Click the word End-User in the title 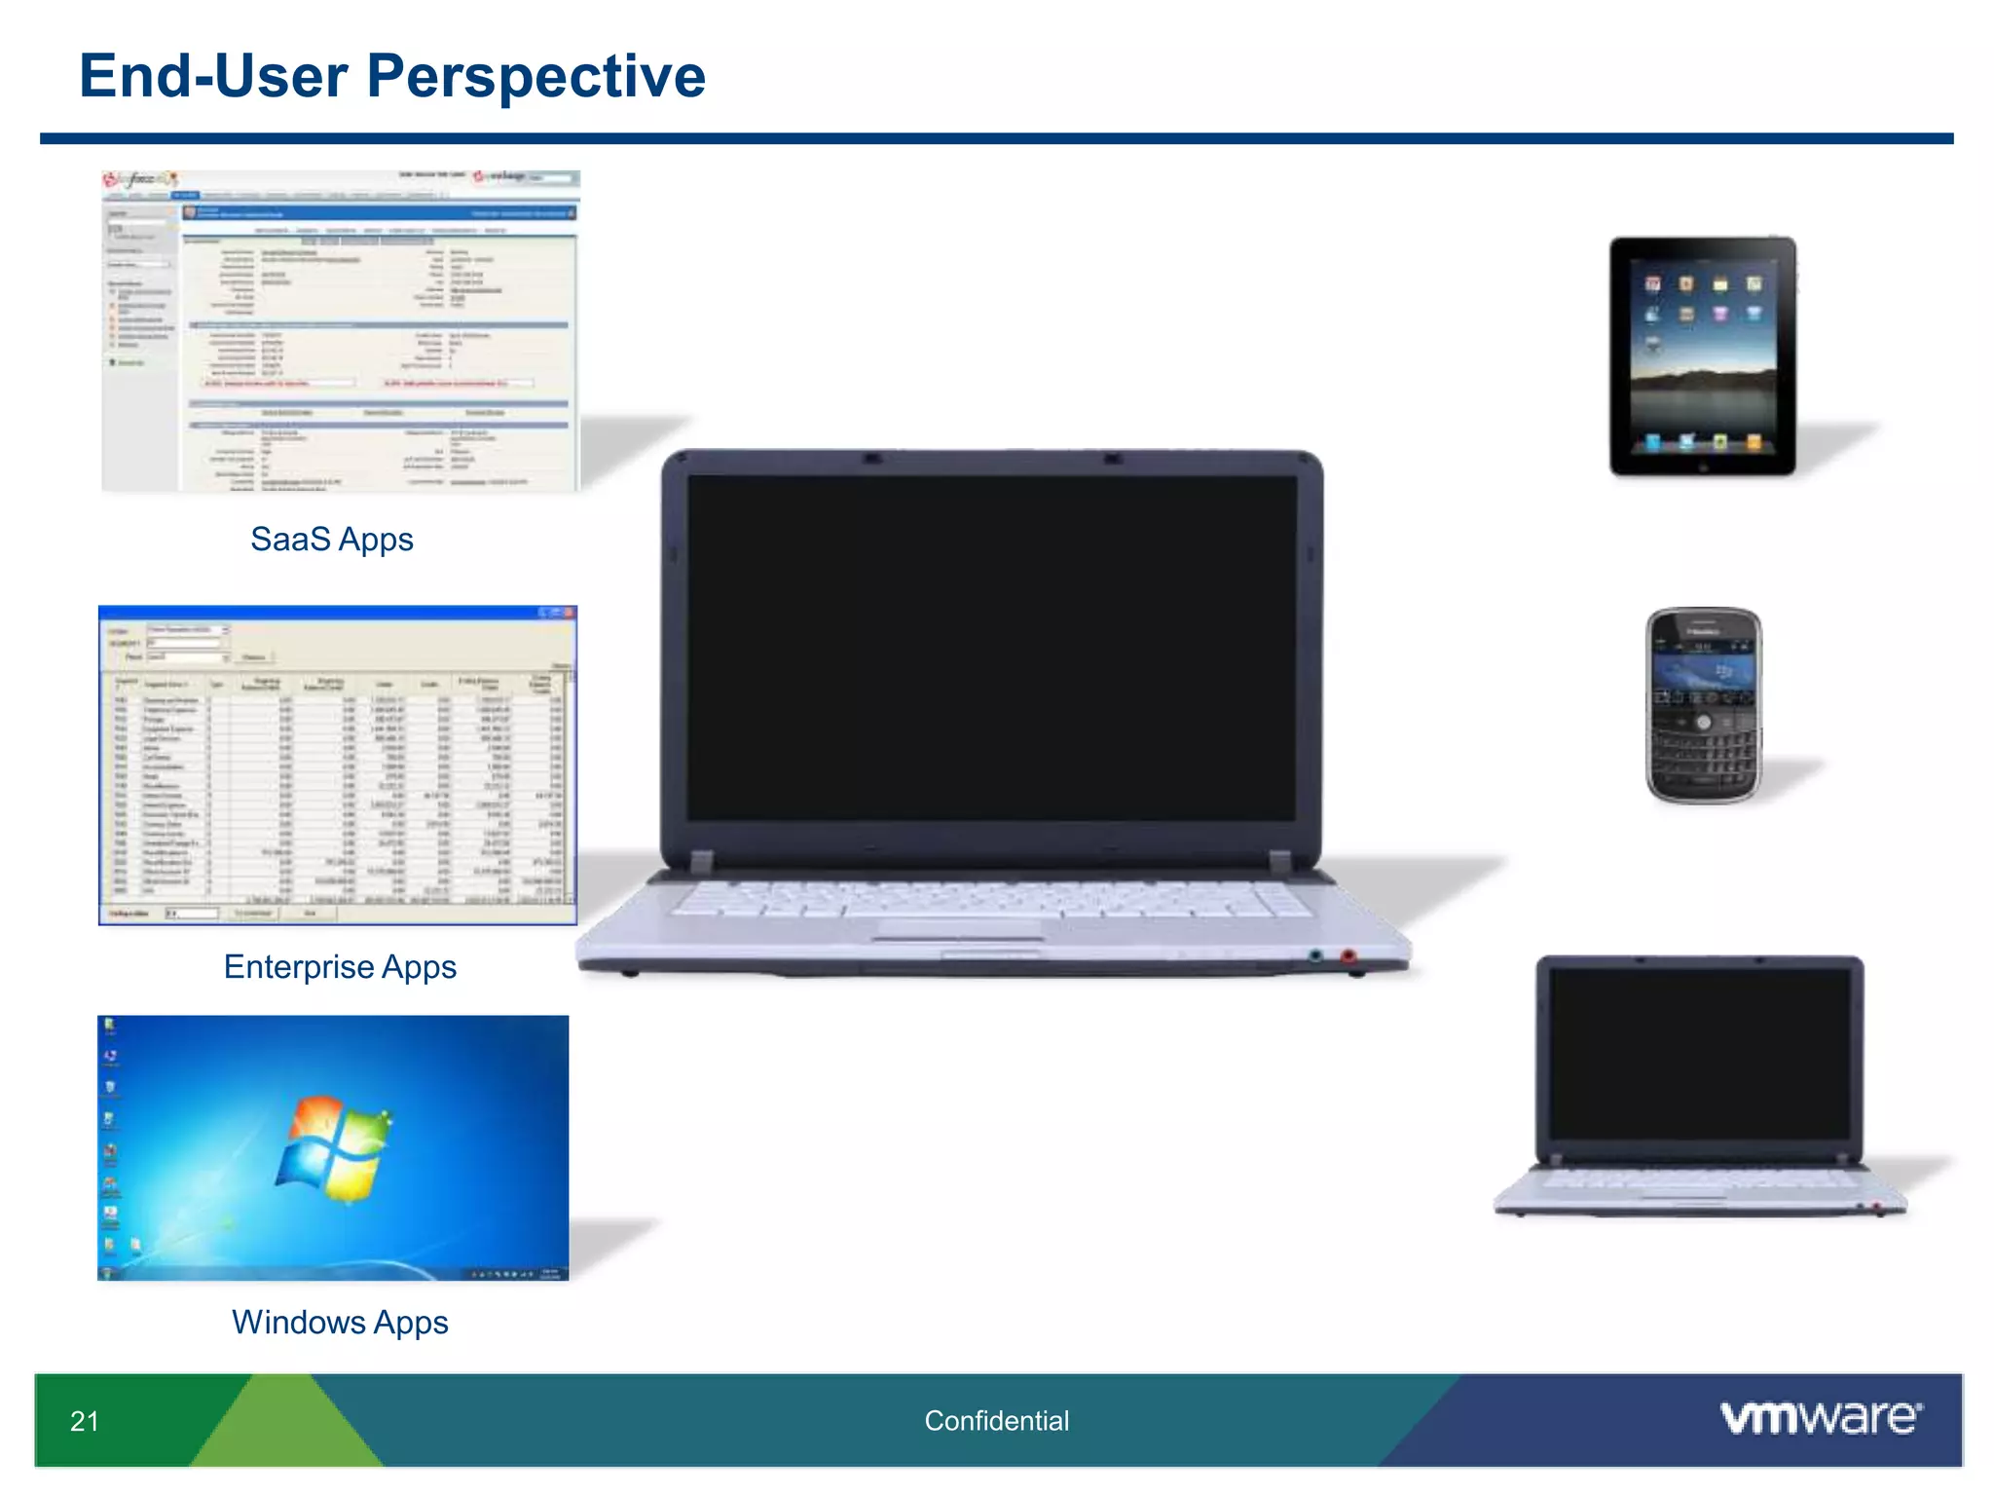212,76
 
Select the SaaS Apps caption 331,539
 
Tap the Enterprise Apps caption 340,966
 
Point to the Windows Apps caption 340,1322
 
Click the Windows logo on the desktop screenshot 334,1149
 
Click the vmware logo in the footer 1821,1417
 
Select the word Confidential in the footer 996,1421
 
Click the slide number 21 85,1421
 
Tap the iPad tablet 1702,355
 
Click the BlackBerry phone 1703,705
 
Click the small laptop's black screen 1699,1054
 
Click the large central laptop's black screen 991,648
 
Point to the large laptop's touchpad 958,929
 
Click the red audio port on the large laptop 1348,956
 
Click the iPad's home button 1703,467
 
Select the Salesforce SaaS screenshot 340,331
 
